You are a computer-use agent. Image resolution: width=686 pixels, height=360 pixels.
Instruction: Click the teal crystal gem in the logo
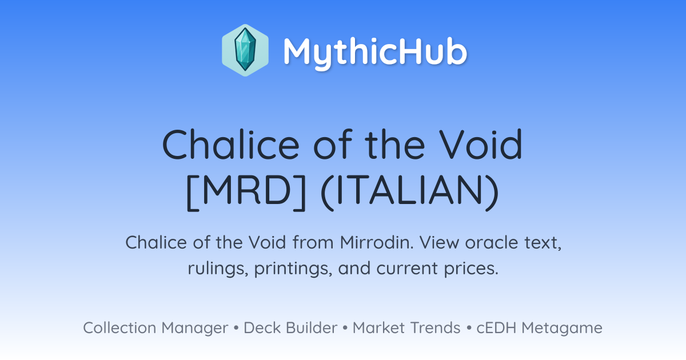click(x=245, y=50)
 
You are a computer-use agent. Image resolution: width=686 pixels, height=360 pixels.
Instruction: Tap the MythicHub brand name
click(x=375, y=52)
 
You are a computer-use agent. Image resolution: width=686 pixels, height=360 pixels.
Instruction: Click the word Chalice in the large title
click(x=230, y=144)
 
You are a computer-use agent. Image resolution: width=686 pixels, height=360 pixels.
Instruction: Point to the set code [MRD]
click(x=246, y=192)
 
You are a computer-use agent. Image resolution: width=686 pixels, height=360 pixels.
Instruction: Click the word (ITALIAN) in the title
click(x=410, y=192)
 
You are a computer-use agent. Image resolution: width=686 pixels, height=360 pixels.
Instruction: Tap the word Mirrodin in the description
click(x=377, y=242)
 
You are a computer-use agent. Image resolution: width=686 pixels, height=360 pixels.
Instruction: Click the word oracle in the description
click(x=492, y=242)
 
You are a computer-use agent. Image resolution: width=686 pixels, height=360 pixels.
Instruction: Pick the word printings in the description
click(x=293, y=269)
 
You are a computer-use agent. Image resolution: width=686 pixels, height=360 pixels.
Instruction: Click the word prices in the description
click(x=471, y=269)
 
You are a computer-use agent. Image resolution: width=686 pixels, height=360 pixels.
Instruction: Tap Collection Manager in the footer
click(x=155, y=328)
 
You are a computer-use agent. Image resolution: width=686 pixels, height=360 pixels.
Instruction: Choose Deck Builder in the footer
click(x=290, y=327)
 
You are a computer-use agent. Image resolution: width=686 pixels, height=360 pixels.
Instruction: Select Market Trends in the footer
click(x=406, y=327)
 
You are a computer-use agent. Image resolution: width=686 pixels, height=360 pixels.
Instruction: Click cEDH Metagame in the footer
click(x=539, y=328)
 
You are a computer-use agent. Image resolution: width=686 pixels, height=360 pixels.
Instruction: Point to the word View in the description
click(x=439, y=242)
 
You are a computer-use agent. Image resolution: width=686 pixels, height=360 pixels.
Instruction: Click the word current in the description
click(x=407, y=269)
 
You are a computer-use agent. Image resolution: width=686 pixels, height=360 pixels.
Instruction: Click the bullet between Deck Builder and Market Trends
click(x=345, y=328)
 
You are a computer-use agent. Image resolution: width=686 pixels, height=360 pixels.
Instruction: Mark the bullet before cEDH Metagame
click(x=469, y=328)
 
